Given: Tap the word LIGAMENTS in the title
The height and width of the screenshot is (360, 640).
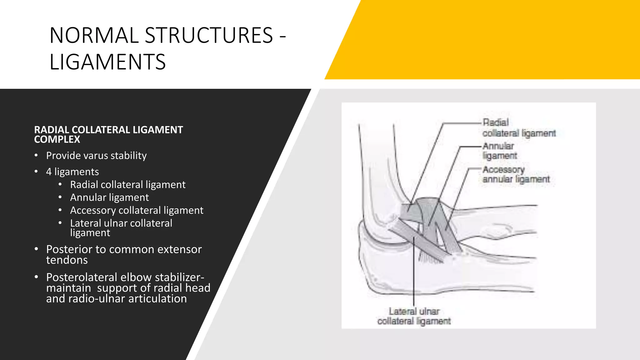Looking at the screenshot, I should (x=107, y=62).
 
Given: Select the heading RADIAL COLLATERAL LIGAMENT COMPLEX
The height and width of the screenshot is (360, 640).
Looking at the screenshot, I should (x=108, y=134).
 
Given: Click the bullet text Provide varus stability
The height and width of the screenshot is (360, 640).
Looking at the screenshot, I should (x=96, y=156).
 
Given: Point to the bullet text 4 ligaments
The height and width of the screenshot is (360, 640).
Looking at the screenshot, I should (x=72, y=172).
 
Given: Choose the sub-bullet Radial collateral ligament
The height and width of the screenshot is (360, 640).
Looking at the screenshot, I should (x=127, y=185).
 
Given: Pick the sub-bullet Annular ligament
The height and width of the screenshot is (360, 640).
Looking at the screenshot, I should (x=109, y=197).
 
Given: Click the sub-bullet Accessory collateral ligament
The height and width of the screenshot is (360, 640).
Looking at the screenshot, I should (x=137, y=210).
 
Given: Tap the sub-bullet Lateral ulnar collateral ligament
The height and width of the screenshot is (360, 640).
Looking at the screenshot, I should (x=121, y=227).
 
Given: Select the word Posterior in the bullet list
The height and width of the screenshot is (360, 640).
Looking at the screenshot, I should (x=69, y=249).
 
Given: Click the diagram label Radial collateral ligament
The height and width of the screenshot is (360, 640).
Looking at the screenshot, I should (x=519, y=128).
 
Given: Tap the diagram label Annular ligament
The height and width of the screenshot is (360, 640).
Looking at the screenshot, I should (x=499, y=151).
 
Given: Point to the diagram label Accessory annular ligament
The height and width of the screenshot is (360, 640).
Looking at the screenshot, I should (x=516, y=174).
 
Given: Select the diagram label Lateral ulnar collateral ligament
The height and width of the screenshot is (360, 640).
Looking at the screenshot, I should (x=414, y=316).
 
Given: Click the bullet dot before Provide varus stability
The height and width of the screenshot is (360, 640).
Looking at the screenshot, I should (x=36, y=156).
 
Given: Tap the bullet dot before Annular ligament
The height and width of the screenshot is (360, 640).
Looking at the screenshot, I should (x=60, y=197).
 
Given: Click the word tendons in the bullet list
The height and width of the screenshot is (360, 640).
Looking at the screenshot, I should (x=67, y=260).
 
